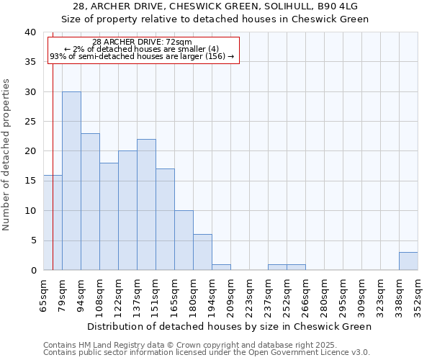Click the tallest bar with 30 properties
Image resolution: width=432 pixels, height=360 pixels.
click(x=71, y=181)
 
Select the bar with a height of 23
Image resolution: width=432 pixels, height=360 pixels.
click(x=90, y=202)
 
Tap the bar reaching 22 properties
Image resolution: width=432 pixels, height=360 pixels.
click(x=146, y=204)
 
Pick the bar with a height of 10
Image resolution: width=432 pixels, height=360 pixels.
click(x=184, y=240)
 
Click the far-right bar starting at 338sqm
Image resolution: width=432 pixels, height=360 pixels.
click(x=408, y=261)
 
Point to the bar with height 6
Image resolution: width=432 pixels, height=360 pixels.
click(x=202, y=252)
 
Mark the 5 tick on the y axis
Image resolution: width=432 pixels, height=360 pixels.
click(x=32, y=240)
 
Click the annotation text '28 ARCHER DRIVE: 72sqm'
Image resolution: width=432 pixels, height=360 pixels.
click(x=143, y=42)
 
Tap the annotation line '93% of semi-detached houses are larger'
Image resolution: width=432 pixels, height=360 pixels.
click(x=143, y=56)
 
